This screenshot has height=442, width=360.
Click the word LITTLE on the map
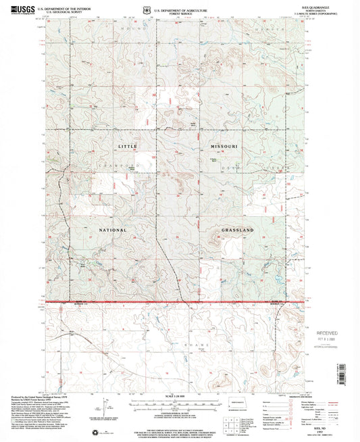click(128, 146)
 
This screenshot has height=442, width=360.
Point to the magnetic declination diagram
click(106, 411)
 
